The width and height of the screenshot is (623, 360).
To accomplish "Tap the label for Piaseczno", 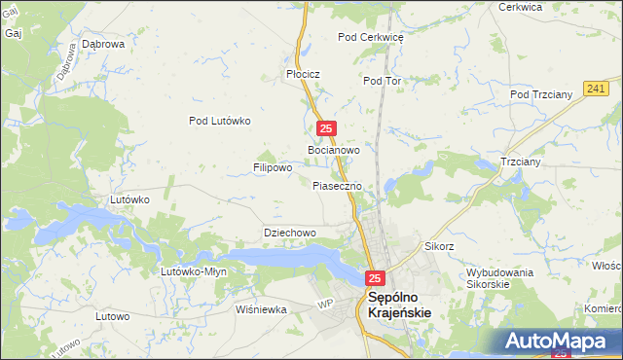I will (x=338, y=185).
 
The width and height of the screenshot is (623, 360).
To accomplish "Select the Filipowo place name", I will (x=273, y=167).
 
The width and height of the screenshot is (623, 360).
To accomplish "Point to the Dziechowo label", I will (x=290, y=234).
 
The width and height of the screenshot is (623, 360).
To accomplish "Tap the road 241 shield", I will (x=597, y=89).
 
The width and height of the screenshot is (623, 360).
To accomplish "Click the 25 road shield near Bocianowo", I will (x=327, y=128).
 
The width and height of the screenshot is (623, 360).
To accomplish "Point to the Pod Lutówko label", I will (x=220, y=121).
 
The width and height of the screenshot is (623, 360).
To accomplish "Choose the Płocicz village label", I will (x=303, y=74).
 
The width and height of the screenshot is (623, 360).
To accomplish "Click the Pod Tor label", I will (x=382, y=81).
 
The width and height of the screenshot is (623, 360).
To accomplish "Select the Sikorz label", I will (x=439, y=246).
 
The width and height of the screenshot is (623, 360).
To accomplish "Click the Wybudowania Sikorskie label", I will (x=499, y=278).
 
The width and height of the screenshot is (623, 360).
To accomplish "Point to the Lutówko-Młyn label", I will (x=194, y=271).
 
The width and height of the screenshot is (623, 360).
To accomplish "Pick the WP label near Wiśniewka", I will (x=325, y=305).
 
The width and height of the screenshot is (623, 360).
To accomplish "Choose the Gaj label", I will (x=13, y=33).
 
